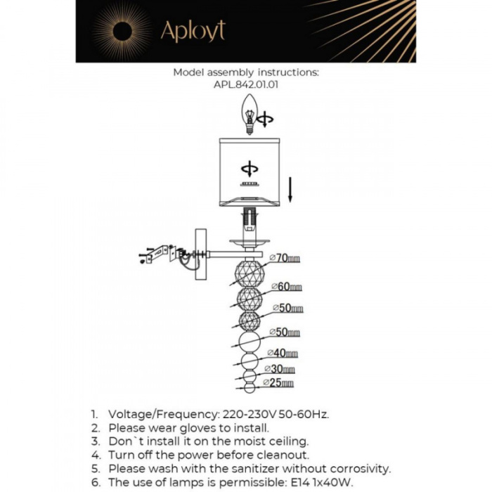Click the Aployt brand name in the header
point(193,32)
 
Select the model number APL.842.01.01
point(246,84)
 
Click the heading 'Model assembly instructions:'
point(246,72)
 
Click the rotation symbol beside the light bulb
point(265,120)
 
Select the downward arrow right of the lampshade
point(291,189)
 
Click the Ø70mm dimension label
point(285,259)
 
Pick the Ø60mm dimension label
point(286,287)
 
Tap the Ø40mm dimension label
point(282,353)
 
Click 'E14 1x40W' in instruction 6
point(321,481)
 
